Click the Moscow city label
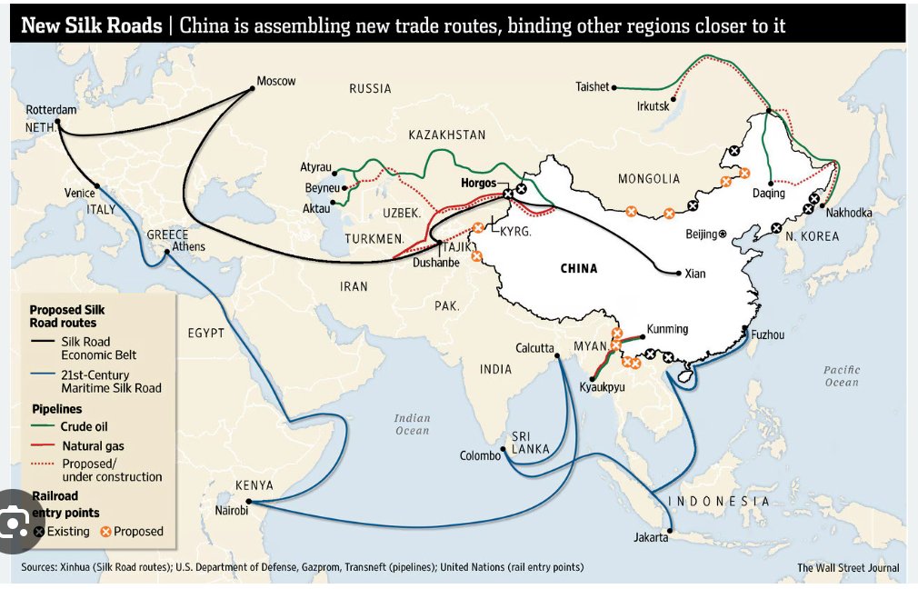coord(275,81)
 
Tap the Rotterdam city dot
coord(57,121)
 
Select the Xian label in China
coord(694,273)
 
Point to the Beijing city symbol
coord(723,234)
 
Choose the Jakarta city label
coord(651,537)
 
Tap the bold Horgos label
coord(478,184)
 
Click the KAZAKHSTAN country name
coord(446,135)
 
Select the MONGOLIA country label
coord(648,179)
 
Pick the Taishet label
coord(592,87)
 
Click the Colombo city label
coord(480,455)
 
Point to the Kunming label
coord(667,329)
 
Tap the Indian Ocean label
coord(412,424)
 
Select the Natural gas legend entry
coord(93,446)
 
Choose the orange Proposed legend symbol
coord(105,531)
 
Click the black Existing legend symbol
coord(39,531)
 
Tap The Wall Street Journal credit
coord(848,568)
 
